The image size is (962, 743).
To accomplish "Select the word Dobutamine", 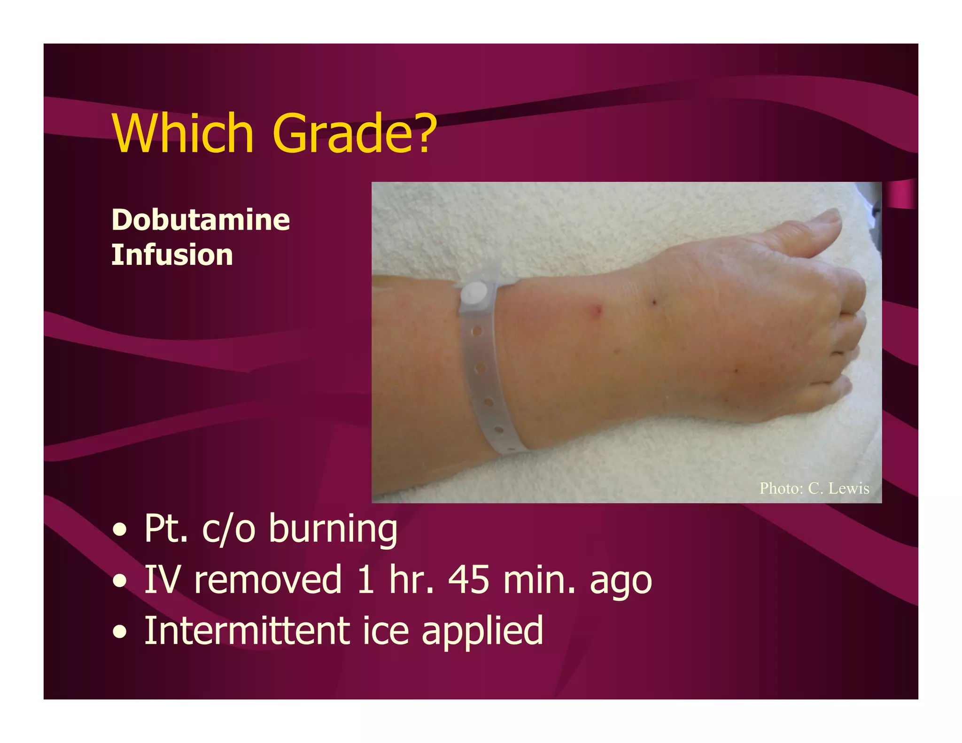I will coord(201,220).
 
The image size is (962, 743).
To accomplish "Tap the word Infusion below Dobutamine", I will coord(172,255).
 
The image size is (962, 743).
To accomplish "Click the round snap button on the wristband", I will coord(474,294).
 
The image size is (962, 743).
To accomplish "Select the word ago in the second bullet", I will coord(621,582).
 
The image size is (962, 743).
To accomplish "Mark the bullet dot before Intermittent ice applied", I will coord(120,632).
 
